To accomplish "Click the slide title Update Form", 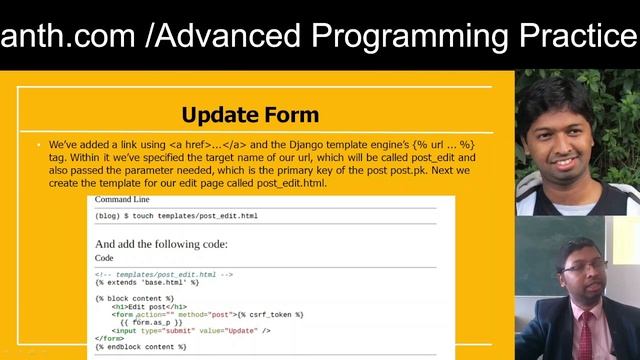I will pyautogui.click(x=250, y=114).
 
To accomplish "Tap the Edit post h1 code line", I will pyautogui.click(x=150, y=307).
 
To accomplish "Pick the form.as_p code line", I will pyautogui.click(x=151, y=323).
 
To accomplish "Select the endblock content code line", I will pyautogui.click(x=141, y=347).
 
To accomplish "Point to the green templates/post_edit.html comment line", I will pyautogui.click(x=164, y=274).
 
